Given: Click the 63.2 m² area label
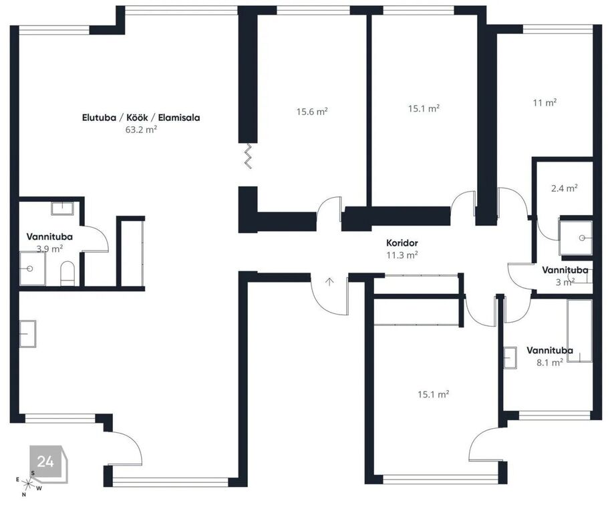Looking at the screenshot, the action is (141, 130).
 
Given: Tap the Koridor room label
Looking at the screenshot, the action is (402, 242).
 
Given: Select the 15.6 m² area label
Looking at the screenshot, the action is (312, 112).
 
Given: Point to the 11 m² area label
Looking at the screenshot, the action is (545, 103).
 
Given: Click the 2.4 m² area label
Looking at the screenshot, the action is (565, 188).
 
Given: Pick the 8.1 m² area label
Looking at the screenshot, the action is (550, 363).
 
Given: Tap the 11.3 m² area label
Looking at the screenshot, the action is (402, 255).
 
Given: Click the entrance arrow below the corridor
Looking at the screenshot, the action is (329, 281).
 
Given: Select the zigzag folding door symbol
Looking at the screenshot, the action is (247, 156).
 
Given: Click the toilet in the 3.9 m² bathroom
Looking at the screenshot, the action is (67, 273).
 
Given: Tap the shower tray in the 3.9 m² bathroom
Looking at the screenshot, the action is (33, 269).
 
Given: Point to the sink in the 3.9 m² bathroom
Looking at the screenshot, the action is (63, 208).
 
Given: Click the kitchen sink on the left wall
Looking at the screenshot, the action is (28, 333).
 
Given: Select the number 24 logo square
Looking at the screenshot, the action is (46, 462).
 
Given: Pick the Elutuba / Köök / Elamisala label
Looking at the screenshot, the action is (141, 118).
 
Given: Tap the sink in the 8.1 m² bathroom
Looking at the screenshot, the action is (510, 358).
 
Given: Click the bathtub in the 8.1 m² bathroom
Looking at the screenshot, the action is (579, 331).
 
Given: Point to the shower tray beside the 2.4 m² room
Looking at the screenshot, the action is (575, 238).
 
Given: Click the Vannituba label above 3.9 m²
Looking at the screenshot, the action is (49, 236).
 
